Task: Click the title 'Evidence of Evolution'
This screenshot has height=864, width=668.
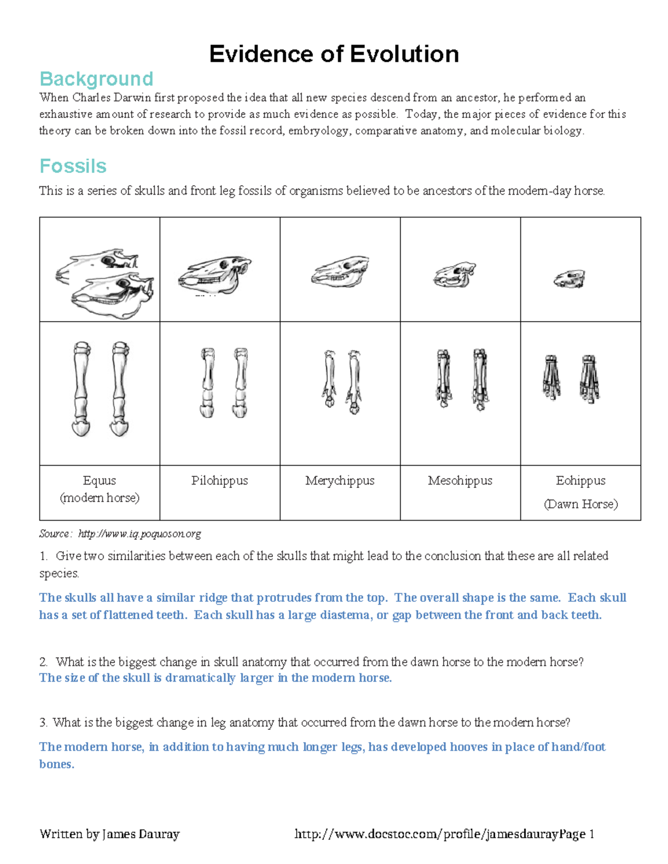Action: pyautogui.click(x=334, y=55)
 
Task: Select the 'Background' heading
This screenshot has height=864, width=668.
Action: pyautogui.click(x=96, y=79)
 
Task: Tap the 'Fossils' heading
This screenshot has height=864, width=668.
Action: pyautogui.click(x=73, y=166)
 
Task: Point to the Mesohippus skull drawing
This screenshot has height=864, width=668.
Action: pyautogui.click(x=454, y=275)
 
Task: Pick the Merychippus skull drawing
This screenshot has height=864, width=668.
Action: pyautogui.click(x=340, y=272)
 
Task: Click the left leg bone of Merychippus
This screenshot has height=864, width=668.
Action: pyautogui.click(x=329, y=381)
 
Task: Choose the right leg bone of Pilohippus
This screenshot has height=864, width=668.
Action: pyautogui.click(x=240, y=382)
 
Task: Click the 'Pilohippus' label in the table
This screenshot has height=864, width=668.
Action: pyautogui.click(x=219, y=481)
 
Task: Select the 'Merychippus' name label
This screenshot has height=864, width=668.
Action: pyautogui.click(x=340, y=481)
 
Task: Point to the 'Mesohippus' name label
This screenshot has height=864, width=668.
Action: pyautogui.click(x=460, y=481)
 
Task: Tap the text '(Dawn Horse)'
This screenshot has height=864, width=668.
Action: pyautogui.click(x=581, y=504)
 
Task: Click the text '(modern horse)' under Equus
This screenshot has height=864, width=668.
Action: pyautogui.click(x=100, y=497)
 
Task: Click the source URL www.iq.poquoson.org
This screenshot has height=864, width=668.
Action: pyautogui.click(x=139, y=534)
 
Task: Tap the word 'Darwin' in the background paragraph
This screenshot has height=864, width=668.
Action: pyautogui.click(x=133, y=98)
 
